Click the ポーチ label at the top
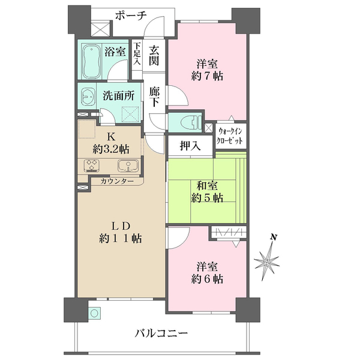pos(131,16)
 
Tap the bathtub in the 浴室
pos(91,61)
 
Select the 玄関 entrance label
pos(154,55)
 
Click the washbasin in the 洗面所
pos(88,97)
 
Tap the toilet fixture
pos(190,122)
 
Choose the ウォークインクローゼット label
pos(230,136)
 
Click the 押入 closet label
pos(190,146)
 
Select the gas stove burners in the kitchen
pos(92,166)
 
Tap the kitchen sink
pos(128,166)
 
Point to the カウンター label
pos(117,181)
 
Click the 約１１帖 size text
pos(120,239)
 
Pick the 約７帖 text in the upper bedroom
pos(207,76)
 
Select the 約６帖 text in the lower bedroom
pos(207,279)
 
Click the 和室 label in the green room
pos(207,185)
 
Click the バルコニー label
pos(161,333)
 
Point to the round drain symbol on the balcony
pos(94,313)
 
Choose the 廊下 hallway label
pos(154,97)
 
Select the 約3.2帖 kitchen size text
pos(111,149)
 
